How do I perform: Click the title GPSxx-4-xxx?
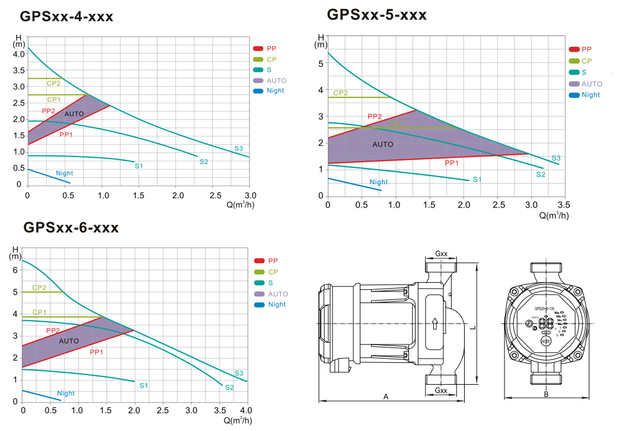pyautogui.click(x=67, y=17)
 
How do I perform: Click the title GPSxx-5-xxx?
pyautogui.click(x=376, y=14)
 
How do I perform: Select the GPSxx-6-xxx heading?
pyautogui.click(x=71, y=228)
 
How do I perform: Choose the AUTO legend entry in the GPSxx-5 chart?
pyautogui.click(x=591, y=84)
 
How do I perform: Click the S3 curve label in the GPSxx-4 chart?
pyautogui.click(x=238, y=148)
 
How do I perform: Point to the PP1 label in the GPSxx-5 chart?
pyautogui.click(x=452, y=163)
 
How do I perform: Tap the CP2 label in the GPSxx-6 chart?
pyautogui.click(x=39, y=288)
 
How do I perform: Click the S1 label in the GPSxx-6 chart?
pyautogui.click(x=143, y=386)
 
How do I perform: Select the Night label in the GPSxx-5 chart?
pyautogui.click(x=379, y=182)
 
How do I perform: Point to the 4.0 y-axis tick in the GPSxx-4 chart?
pyautogui.click(x=18, y=55)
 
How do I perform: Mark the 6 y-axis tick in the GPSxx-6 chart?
pyautogui.click(x=16, y=270)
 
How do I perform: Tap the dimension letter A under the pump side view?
pyautogui.click(x=386, y=396)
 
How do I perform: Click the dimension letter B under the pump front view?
pyautogui.click(x=546, y=394)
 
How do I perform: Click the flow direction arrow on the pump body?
pyautogui.click(x=435, y=325)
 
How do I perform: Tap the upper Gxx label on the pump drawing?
pyautogui.click(x=441, y=254)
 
